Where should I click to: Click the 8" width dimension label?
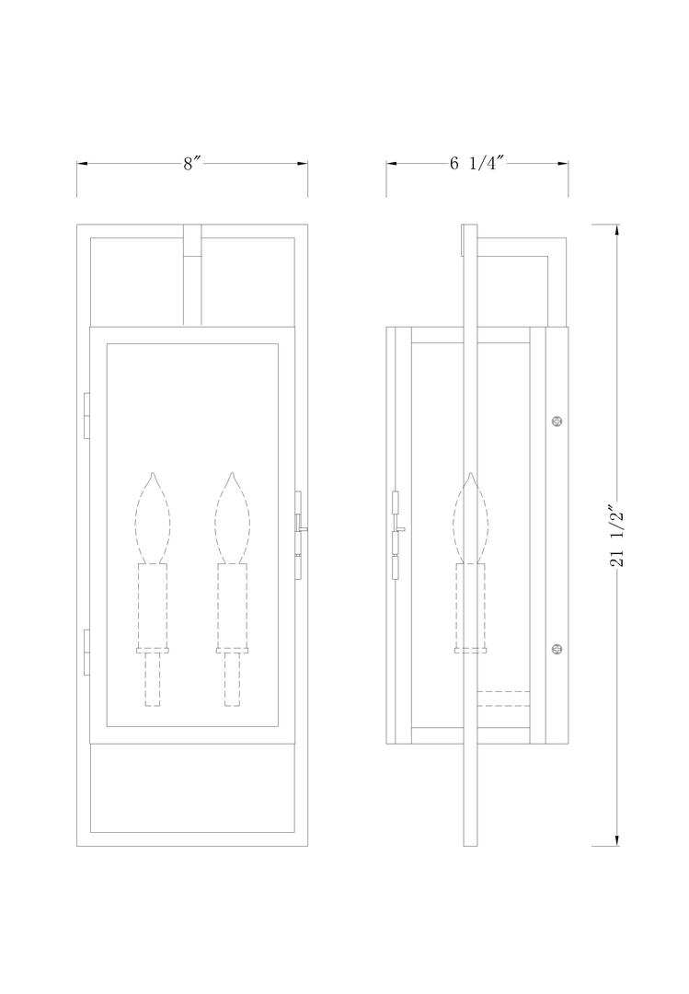(191, 164)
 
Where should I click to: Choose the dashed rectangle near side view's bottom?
(503, 699)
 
